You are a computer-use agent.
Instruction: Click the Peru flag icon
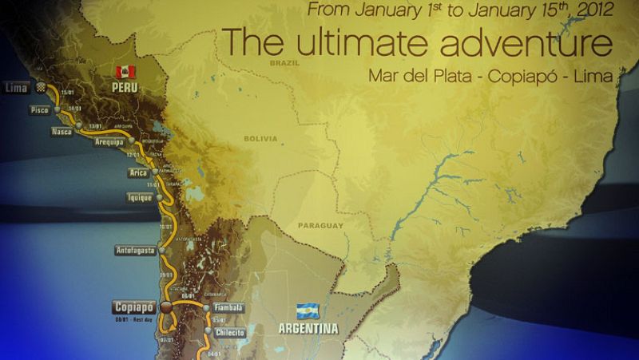click(x=125, y=73)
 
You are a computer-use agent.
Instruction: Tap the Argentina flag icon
click(x=307, y=311)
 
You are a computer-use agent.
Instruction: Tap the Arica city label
click(x=136, y=172)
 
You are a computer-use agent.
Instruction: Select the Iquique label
click(x=140, y=196)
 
